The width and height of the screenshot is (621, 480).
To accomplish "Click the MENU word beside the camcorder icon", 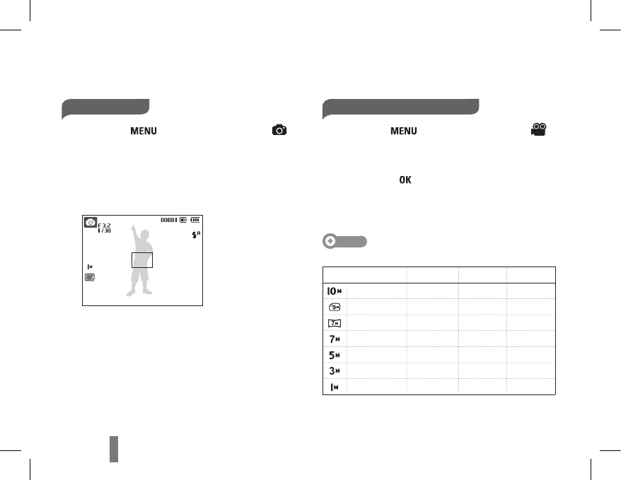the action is coord(404,131).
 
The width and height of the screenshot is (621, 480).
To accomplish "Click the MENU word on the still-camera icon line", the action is coord(144,131).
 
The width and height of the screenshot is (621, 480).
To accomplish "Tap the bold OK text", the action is coord(405,180).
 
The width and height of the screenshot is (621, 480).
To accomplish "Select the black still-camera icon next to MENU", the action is coord(279,130).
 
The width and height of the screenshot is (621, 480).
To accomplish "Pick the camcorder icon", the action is coord(539,129).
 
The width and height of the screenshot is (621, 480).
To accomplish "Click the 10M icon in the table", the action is coord(335,291).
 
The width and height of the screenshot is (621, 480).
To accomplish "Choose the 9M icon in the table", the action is coord(335,307).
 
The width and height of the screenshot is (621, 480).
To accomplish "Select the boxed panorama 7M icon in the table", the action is coord(335,323).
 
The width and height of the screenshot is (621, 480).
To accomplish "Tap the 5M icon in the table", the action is coord(335,355).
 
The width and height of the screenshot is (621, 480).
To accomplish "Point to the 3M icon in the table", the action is coord(335,371).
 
